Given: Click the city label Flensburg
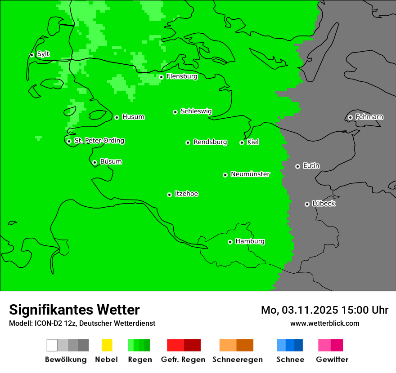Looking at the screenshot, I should (x=182, y=76).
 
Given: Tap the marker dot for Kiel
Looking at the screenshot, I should (x=242, y=142).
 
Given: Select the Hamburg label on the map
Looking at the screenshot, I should (x=250, y=241).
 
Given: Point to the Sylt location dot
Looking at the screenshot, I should (x=31, y=55).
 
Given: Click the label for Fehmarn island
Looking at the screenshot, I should (x=369, y=117).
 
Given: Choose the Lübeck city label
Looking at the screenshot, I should (x=324, y=204).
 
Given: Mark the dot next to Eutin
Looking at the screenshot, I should (x=297, y=166).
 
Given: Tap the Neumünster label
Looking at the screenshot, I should (x=250, y=174).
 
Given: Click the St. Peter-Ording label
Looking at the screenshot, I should (x=99, y=141).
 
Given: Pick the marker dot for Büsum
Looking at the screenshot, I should (x=94, y=162).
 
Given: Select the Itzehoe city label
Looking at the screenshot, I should (x=186, y=194).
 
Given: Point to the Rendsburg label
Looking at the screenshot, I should (x=210, y=142).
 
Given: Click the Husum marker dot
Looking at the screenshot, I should (x=117, y=117).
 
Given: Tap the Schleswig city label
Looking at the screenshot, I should (x=196, y=111).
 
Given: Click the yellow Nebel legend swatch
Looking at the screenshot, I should (x=107, y=345).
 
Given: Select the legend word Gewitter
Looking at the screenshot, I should (x=332, y=360).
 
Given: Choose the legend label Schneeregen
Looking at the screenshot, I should (x=238, y=360).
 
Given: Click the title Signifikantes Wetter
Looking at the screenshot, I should (x=74, y=310).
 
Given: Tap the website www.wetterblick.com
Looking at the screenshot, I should (x=324, y=323).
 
